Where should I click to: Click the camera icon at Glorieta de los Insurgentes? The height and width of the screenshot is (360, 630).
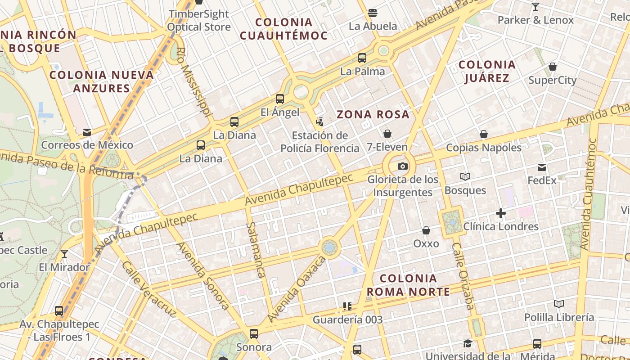[x=403, y=166]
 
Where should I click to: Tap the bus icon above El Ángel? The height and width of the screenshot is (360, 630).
[x=280, y=99]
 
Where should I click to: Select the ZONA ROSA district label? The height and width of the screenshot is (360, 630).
[x=373, y=114]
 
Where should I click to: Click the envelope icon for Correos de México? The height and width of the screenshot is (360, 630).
[x=86, y=132]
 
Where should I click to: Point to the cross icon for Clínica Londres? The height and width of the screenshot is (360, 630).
[x=501, y=213]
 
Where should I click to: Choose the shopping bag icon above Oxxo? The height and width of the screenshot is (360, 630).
[x=426, y=230]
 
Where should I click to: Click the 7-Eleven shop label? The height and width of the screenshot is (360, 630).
[x=387, y=147]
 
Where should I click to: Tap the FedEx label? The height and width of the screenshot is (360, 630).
[x=542, y=180]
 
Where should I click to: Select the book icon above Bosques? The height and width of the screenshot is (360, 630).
[x=465, y=177]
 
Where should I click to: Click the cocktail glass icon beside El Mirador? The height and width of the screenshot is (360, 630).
[x=64, y=254]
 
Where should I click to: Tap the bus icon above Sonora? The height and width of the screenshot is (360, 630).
[x=254, y=334]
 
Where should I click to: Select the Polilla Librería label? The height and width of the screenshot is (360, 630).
[x=559, y=317]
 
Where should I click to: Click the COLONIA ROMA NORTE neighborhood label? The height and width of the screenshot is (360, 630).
[x=408, y=285]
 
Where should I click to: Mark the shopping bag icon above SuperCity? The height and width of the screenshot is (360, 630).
[x=553, y=67]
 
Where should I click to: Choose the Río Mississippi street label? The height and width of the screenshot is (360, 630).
[x=194, y=84]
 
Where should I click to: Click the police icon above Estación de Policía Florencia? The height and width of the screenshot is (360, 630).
[x=319, y=121]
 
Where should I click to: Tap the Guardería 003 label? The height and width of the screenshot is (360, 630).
[x=347, y=320]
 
